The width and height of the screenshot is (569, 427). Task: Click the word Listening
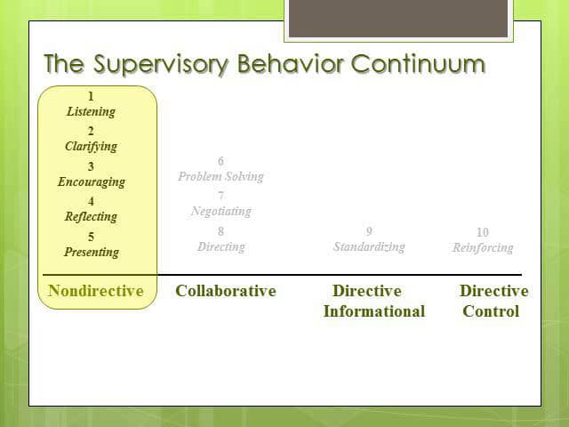[x=91, y=112]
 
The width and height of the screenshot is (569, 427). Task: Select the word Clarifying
[x=91, y=147]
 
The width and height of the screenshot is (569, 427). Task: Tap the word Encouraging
[x=91, y=181]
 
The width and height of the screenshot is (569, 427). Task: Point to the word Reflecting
[x=91, y=216]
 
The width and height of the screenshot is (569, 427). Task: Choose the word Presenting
[x=91, y=252]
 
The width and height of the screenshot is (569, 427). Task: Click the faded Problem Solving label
[x=220, y=176]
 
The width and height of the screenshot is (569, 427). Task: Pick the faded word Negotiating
[x=220, y=211]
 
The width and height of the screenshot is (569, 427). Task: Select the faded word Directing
[x=220, y=246]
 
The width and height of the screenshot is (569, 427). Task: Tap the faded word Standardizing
[x=369, y=246]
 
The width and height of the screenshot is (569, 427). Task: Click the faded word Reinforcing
[x=483, y=247]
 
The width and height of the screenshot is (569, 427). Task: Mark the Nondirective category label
[x=96, y=291]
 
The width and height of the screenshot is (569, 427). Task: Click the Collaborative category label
[x=226, y=291]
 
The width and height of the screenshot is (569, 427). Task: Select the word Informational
[x=373, y=311]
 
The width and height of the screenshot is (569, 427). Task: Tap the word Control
[x=491, y=311]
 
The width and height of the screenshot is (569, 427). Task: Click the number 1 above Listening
[x=91, y=96]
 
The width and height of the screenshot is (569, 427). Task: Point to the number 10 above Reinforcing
[x=483, y=232]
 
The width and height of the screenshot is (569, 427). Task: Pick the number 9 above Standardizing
[x=369, y=231]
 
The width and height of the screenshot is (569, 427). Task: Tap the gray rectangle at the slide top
[x=398, y=19]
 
